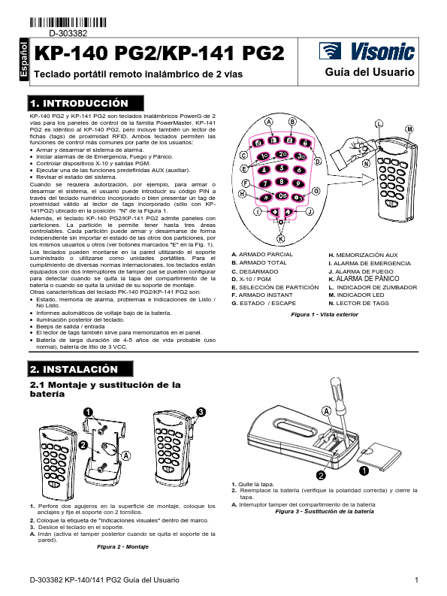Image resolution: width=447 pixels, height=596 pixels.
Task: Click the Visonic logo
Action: click(x=367, y=51)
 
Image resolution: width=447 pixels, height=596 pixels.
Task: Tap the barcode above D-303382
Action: click(x=71, y=22)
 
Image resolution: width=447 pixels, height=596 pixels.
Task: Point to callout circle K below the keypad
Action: click(x=280, y=237)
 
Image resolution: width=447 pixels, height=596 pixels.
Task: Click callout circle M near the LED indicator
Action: click(x=409, y=129)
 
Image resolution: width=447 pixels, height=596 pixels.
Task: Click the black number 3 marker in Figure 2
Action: click(x=201, y=411)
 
